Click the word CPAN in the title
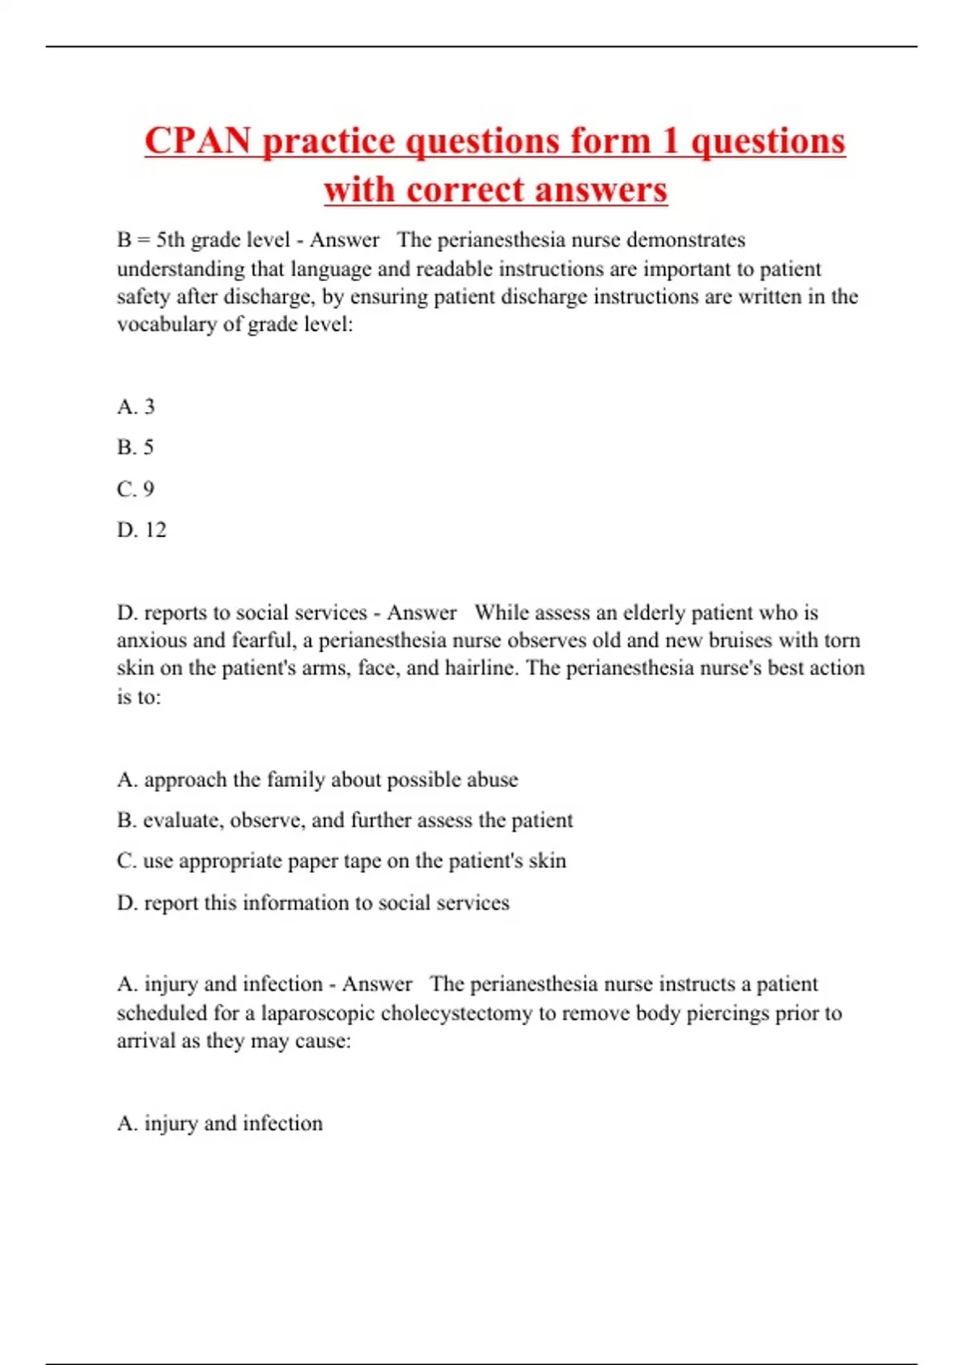tap(198, 141)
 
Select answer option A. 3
tap(136, 407)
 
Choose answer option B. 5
tap(135, 447)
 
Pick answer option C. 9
tap(135, 489)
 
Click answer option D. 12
tap(141, 530)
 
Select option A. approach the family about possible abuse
tap(317, 780)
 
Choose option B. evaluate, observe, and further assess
tap(345, 821)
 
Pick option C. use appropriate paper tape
tap(341, 861)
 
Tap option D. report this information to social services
tap(313, 903)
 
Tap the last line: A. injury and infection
tap(219, 1123)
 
